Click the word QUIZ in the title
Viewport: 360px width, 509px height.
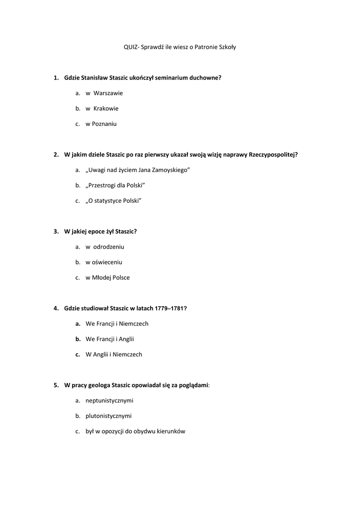[x=131, y=47]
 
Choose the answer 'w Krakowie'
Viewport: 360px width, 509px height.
[x=102, y=108]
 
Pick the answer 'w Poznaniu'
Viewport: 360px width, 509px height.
[x=101, y=124]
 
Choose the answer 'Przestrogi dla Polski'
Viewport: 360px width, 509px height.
[x=115, y=185]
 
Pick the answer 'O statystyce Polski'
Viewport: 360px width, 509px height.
[x=114, y=201]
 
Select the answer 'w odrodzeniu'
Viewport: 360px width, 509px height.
[x=104, y=247]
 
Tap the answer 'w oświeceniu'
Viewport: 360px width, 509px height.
[x=103, y=262]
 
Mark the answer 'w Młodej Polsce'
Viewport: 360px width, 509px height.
[x=107, y=278]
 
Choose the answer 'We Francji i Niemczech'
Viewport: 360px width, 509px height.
[x=117, y=324]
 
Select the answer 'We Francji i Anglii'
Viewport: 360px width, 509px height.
[x=110, y=339]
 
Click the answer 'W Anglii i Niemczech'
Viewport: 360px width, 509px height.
[x=114, y=355]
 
